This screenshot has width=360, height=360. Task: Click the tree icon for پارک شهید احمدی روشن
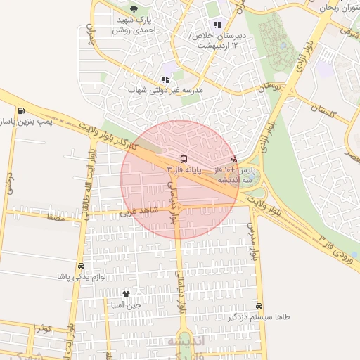(x=134, y=9)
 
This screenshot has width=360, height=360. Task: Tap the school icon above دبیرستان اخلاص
(x=217, y=25)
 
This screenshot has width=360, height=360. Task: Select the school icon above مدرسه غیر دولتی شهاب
(x=165, y=80)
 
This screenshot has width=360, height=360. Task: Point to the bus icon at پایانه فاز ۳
(x=184, y=159)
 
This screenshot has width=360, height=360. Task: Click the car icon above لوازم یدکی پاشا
(x=81, y=266)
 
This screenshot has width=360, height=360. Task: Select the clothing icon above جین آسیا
(x=126, y=294)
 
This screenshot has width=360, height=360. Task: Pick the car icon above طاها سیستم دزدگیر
(x=260, y=306)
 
